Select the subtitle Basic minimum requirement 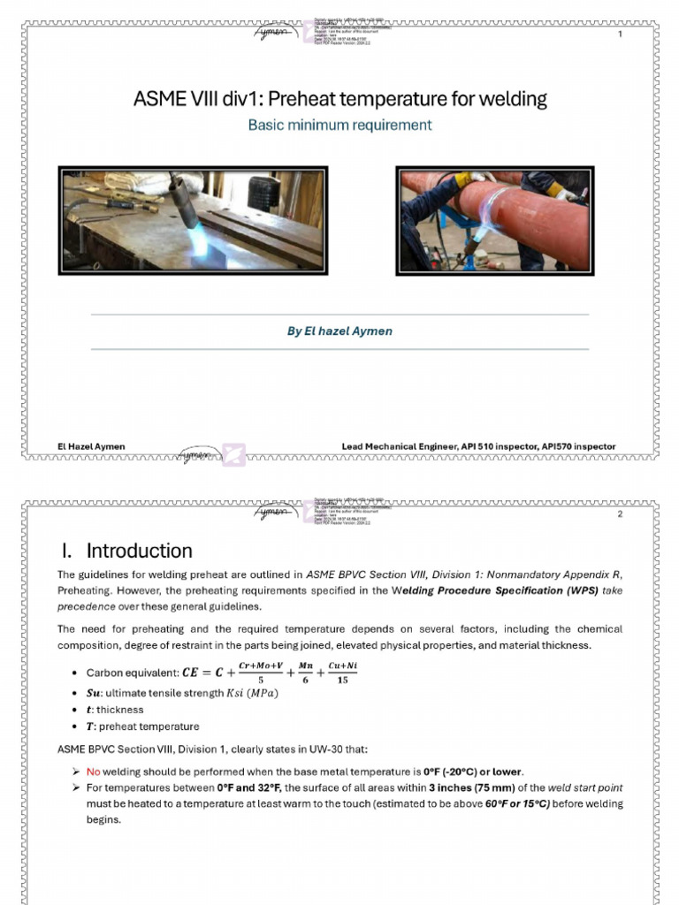tap(339, 125)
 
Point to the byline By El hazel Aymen tap(339, 331)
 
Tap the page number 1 tap(620, 34)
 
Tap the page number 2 tap(620, 514)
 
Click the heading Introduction tap(139, 551)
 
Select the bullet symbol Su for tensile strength tap(93, 693)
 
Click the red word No tap(93, 772)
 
